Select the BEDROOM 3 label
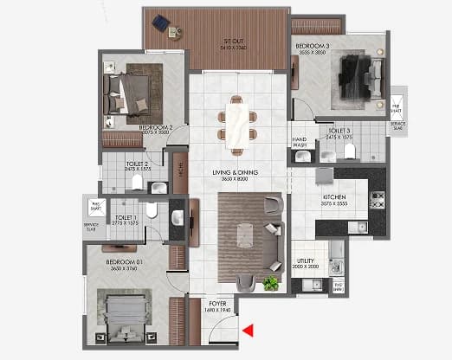pos(312,46)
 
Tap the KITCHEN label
pos(334,198)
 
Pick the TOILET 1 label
pos(125,217)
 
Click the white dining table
pos(236,120)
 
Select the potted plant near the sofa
pos(272,283)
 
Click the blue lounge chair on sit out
pos(160,22)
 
